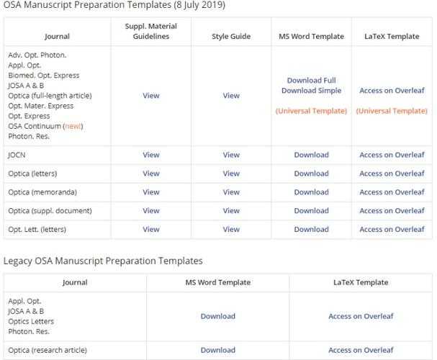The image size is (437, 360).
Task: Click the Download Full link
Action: coord(311,81)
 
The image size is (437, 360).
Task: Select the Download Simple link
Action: coord(311,91)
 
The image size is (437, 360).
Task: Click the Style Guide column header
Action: coord(231,36)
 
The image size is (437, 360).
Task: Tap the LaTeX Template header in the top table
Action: coord(392,36)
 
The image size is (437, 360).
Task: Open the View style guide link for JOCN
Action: coord(231,155)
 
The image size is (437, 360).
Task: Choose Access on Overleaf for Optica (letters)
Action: coord(392,174)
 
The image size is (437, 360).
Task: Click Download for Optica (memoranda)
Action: coord(311,192)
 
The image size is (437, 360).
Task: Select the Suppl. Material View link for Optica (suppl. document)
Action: coord(151,211)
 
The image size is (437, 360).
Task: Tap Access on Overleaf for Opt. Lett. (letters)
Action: coord(392,230)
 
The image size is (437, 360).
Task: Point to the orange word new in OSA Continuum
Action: coord(73,126)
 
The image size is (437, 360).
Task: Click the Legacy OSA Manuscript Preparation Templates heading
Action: coord(103,261)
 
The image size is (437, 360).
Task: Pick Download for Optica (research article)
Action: coord(217,350)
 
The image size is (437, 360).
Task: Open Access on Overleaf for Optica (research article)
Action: coord(361,350)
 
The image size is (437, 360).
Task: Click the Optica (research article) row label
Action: coord(48,350)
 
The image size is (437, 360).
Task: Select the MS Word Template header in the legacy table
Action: coord(217,282)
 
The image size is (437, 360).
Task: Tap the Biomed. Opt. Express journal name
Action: coord(44,76)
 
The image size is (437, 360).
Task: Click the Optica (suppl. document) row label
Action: coord(50,211)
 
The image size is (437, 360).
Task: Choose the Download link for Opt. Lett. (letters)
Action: coord(311,230)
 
